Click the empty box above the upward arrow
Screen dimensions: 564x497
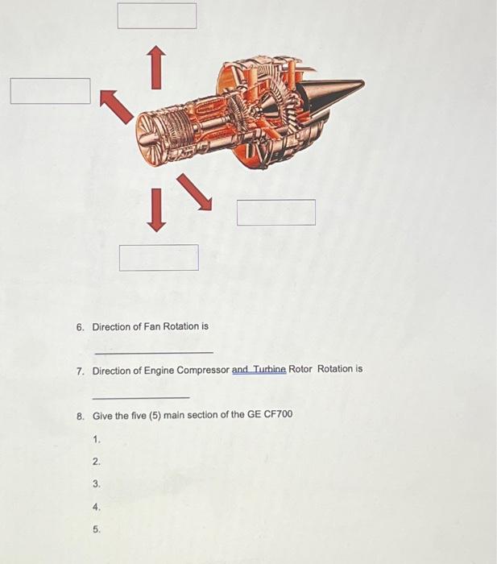point(157,15)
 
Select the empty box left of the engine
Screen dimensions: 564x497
point(50,91)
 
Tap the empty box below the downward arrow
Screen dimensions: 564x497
point(159,258)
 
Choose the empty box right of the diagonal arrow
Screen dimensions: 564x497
point(276,213)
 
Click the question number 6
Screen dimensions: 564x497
point(80,327)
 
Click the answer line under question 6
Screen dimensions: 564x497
point(154,353)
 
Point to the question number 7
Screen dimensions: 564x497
point(80,371)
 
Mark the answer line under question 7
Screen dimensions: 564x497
point(141,397)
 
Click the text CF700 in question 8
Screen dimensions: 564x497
point(277,415)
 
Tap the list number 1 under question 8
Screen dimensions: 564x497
point(97,440)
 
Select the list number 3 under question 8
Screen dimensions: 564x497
point(97,484)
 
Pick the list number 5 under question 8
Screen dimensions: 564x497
point(97,529)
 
